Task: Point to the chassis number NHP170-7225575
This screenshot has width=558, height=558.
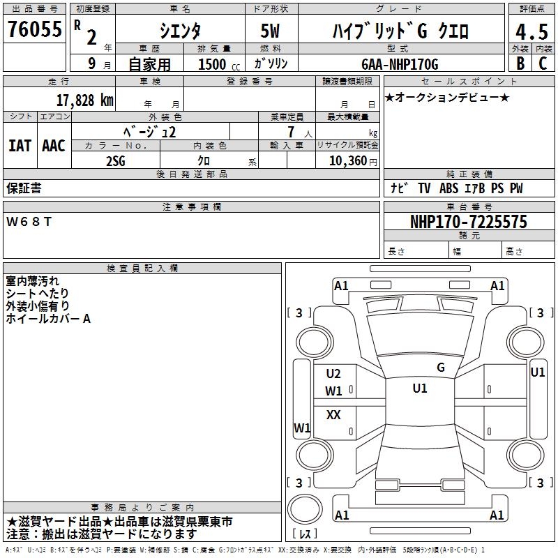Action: click(x=468, y=223)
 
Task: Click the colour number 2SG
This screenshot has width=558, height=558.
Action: click(x=116, y=160)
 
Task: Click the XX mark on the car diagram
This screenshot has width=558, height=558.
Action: click(x=333, y=415)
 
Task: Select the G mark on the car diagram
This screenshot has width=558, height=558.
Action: click(x=440, y=367)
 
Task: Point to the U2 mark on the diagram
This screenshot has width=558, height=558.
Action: click(x=333, y=374)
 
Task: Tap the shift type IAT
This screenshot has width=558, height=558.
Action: click(x=20, y=145)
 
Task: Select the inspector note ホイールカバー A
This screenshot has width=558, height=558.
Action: click(x=48, y=319)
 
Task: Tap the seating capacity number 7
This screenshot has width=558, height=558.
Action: click(x=290, y=132)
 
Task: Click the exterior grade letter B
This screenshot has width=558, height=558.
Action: click(x=520, y=64)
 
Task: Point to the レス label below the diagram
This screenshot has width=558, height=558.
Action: click(x=304, y=534)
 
